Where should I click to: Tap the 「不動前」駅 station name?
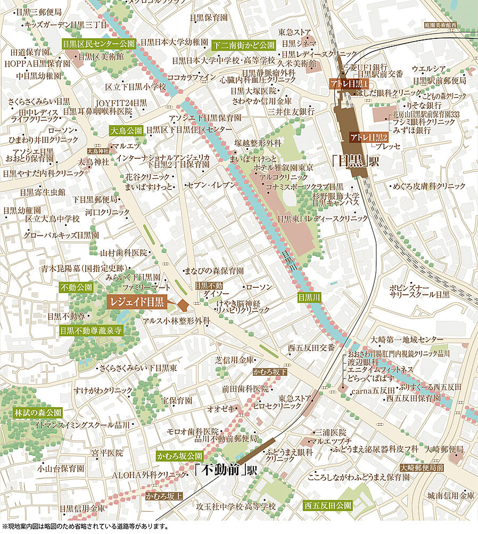[225, 471]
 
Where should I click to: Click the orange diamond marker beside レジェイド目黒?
[183, 305]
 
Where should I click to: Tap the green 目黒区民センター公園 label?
[98, 44]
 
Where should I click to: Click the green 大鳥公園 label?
[126, 130]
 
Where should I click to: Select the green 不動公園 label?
[77, 287]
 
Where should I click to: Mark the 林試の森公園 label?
[38, 412]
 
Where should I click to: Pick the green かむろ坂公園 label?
[180, 456]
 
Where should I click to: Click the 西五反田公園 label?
[328, 504]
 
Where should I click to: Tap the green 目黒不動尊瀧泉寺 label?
[91, 330]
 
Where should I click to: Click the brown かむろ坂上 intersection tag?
[163, 496]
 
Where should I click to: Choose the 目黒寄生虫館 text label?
[42, 192]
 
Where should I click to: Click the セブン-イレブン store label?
[211, 185]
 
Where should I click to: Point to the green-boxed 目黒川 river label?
[309, 297]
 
